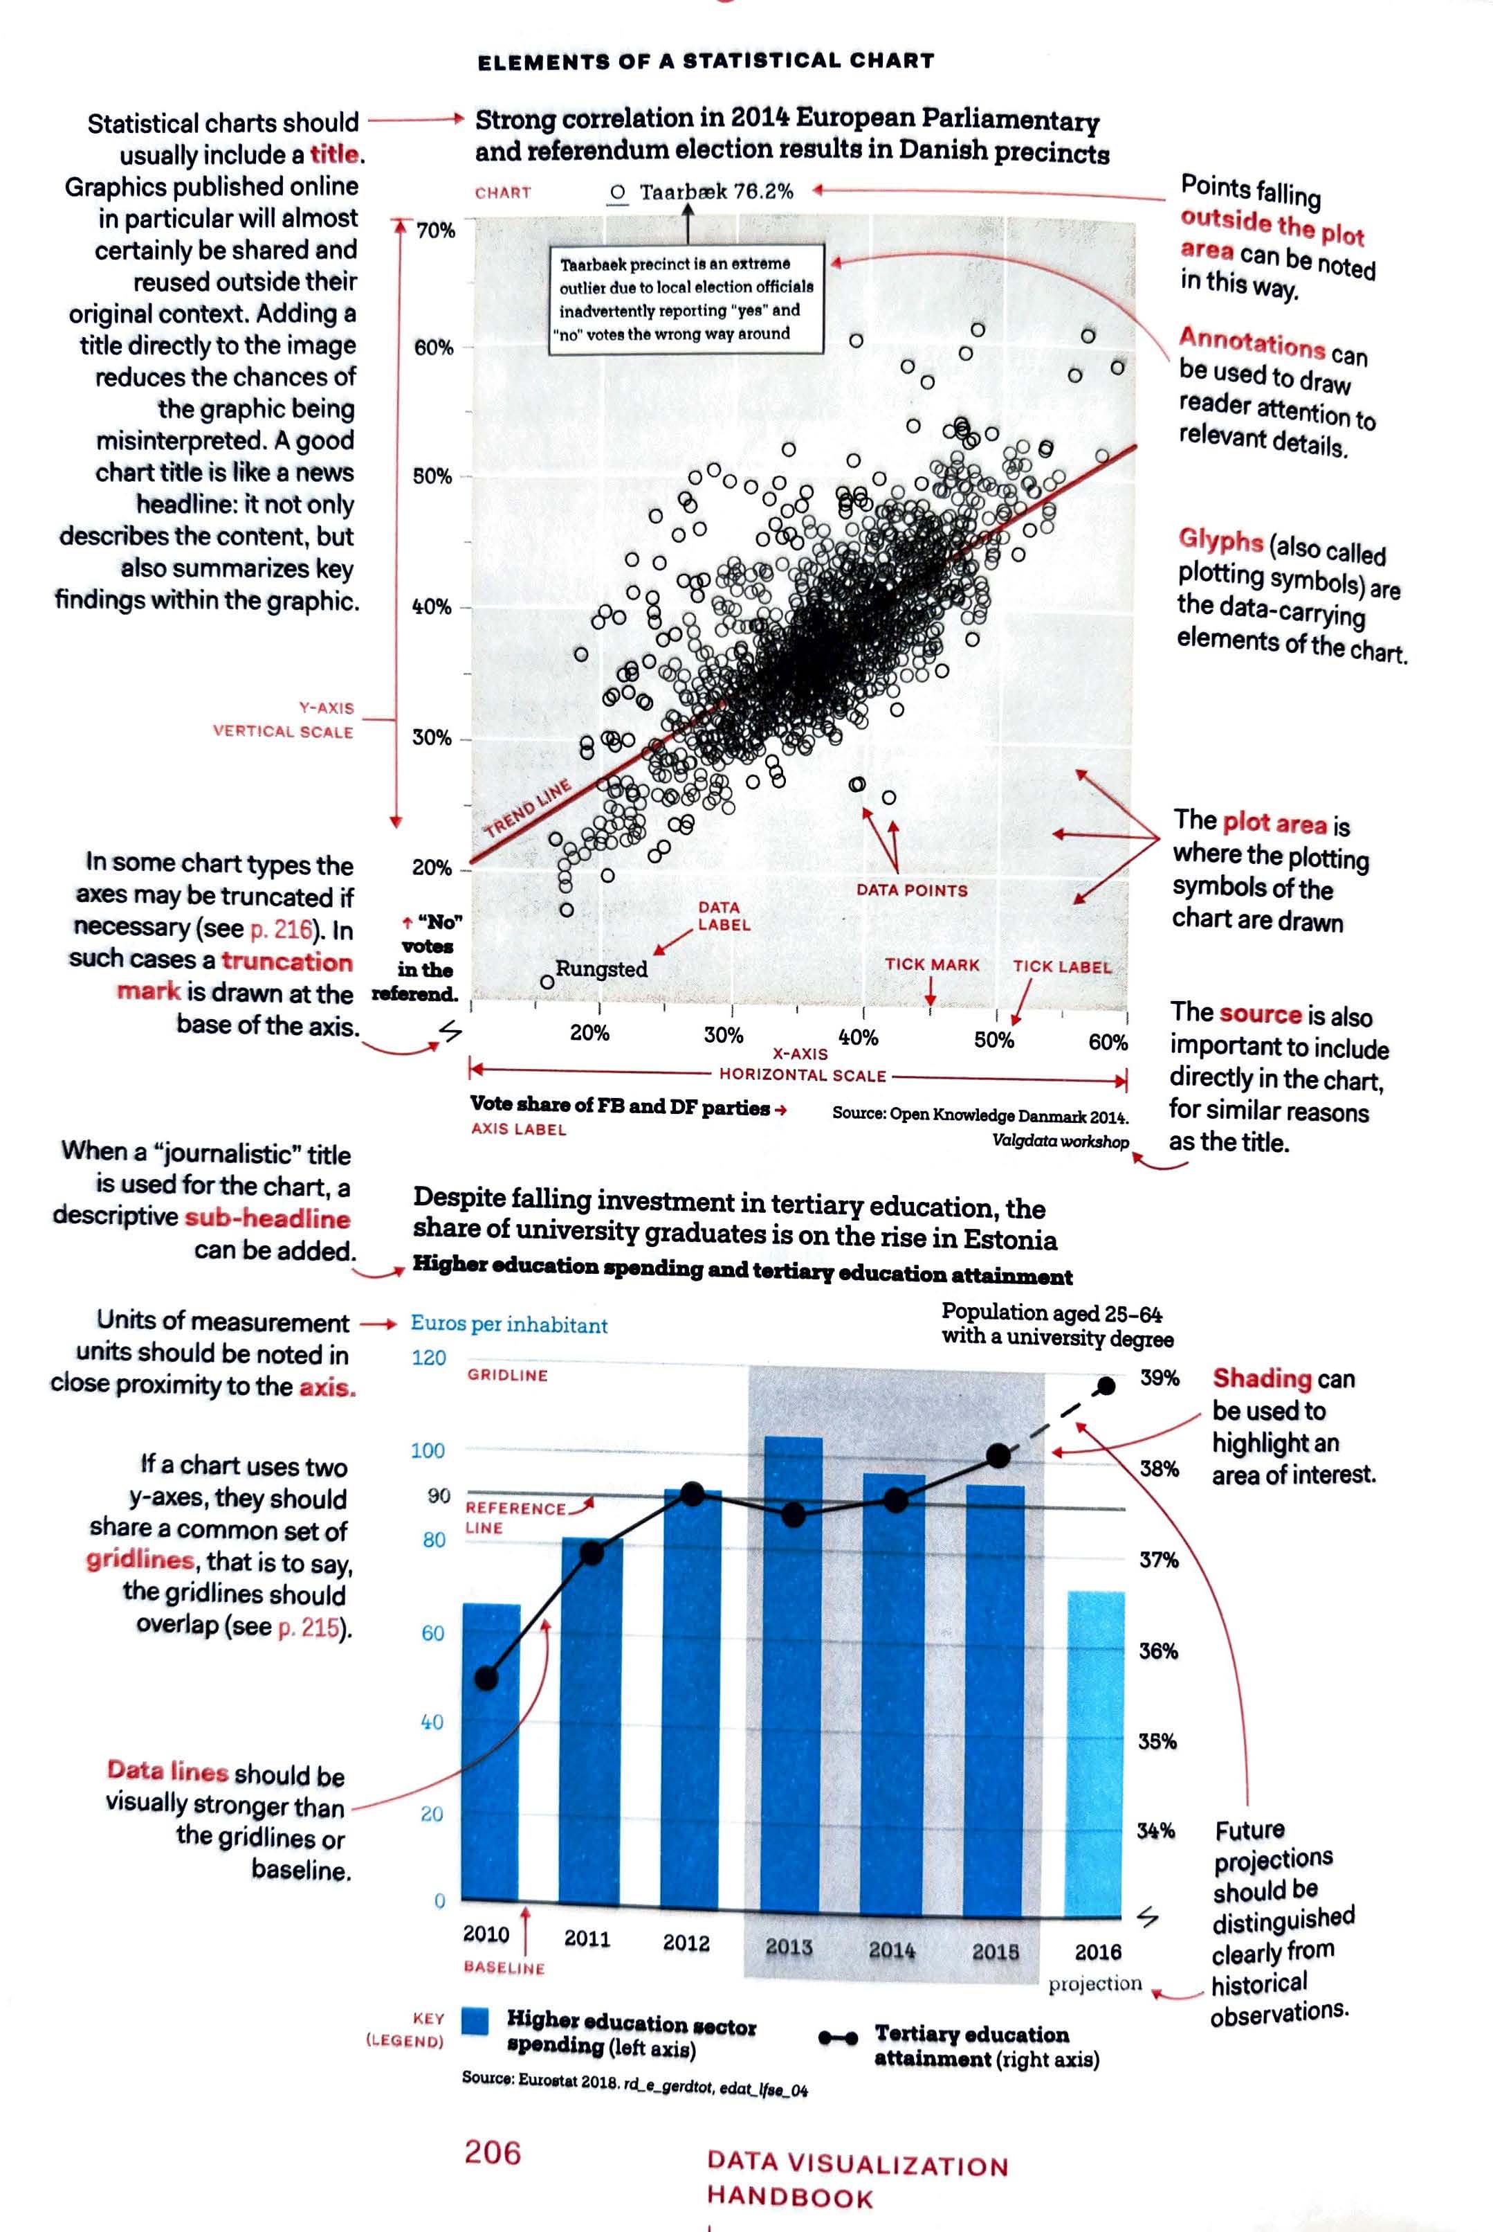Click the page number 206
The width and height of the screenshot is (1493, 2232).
coord(493,2152)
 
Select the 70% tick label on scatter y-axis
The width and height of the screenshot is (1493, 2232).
coord(435,231)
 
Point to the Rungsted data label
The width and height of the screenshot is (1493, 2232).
coord(601,969)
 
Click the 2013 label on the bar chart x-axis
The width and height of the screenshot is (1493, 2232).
coord(789,1946)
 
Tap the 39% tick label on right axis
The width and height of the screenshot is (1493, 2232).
coord(1160,1378)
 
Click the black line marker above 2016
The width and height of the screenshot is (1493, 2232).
coord(1106,1386)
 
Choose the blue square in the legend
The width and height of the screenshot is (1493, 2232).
coord(475,2021)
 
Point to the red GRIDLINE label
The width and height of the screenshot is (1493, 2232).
coord(508,1376)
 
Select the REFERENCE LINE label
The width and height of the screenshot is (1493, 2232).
coord(516,1518)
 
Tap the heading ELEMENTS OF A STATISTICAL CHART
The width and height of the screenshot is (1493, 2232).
coord(706,62)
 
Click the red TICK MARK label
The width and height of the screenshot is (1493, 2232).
coord(932,964)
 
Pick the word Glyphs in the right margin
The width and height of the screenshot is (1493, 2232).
coord(1220,539)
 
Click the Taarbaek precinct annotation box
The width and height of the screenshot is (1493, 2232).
coord(686,299)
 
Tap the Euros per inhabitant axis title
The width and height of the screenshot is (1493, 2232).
coord(509,1324)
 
